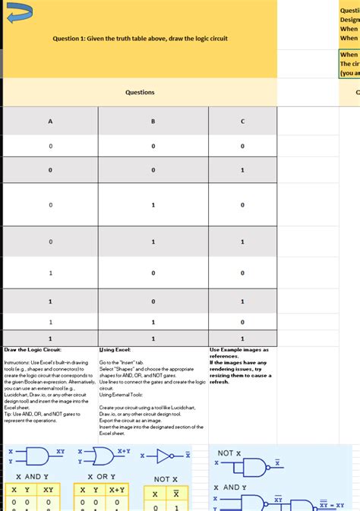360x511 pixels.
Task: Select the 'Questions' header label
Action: pyautogui.click(x=140, y=92)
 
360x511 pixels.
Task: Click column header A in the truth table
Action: pyautogui.click(x=51, y=121)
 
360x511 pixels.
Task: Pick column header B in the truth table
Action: pyautogui.click(x=153, y=121)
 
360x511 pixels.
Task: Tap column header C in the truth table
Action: pyautogui.click(x=242, y=121)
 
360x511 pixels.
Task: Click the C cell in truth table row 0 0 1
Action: pyautogui.click(x=242, y=170)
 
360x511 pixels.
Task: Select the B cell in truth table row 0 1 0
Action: pyautogui.click(x=153, y=204)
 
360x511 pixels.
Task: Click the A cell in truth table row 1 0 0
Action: pyautogui.click(x=51, y=273)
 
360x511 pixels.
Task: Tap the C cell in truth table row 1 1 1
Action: pyautogui.click(x=242, y=339)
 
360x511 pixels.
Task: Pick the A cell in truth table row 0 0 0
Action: pyautogui.click(x=51, y=147)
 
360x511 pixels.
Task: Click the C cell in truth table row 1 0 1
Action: pyautogui.click(x=242, y=301)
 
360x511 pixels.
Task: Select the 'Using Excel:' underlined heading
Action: pyautogui.click(x=115, y=350)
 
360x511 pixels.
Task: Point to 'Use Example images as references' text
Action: pyautogui.click(x=239, y=353)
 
